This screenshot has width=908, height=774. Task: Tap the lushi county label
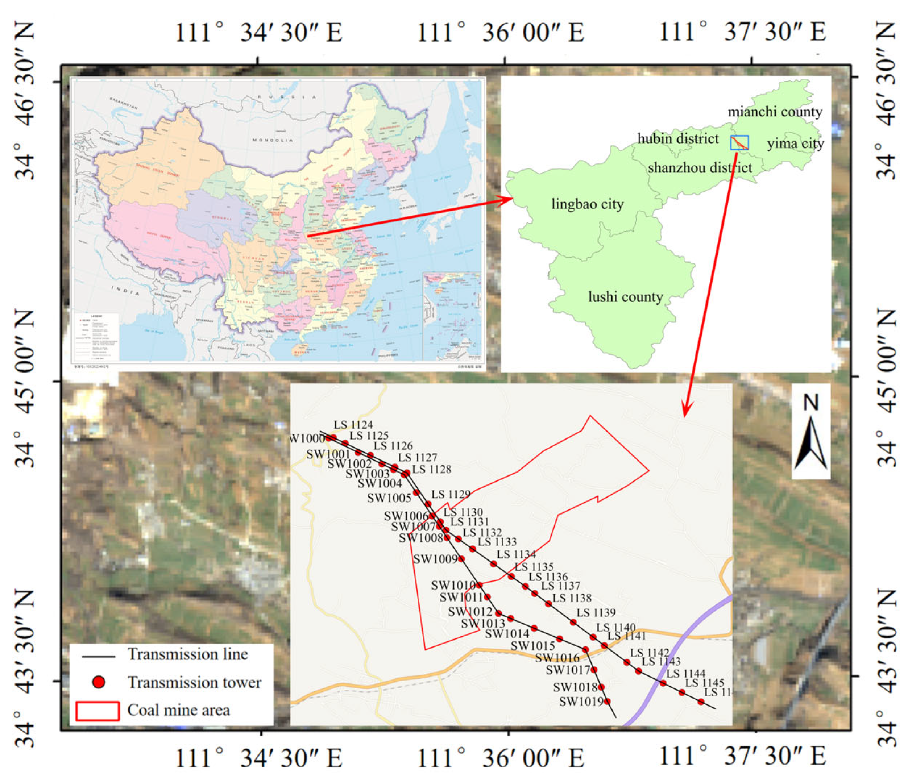625,297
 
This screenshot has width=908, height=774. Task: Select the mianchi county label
775,112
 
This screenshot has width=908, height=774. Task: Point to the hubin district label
678,139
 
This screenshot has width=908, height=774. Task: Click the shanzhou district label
700,168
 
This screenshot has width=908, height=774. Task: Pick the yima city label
795,143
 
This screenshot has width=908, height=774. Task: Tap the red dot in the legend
99,682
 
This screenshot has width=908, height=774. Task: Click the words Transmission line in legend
187,654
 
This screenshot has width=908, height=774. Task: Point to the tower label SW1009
436,559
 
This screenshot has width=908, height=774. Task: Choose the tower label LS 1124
353,424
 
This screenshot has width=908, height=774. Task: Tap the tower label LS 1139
596,612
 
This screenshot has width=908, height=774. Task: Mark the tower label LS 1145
704,683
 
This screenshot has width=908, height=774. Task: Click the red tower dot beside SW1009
461,559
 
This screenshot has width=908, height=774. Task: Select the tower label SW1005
389,498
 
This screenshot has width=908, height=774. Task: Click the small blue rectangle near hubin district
739,143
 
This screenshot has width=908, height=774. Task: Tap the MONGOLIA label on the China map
272,140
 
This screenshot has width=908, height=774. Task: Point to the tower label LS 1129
451,494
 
